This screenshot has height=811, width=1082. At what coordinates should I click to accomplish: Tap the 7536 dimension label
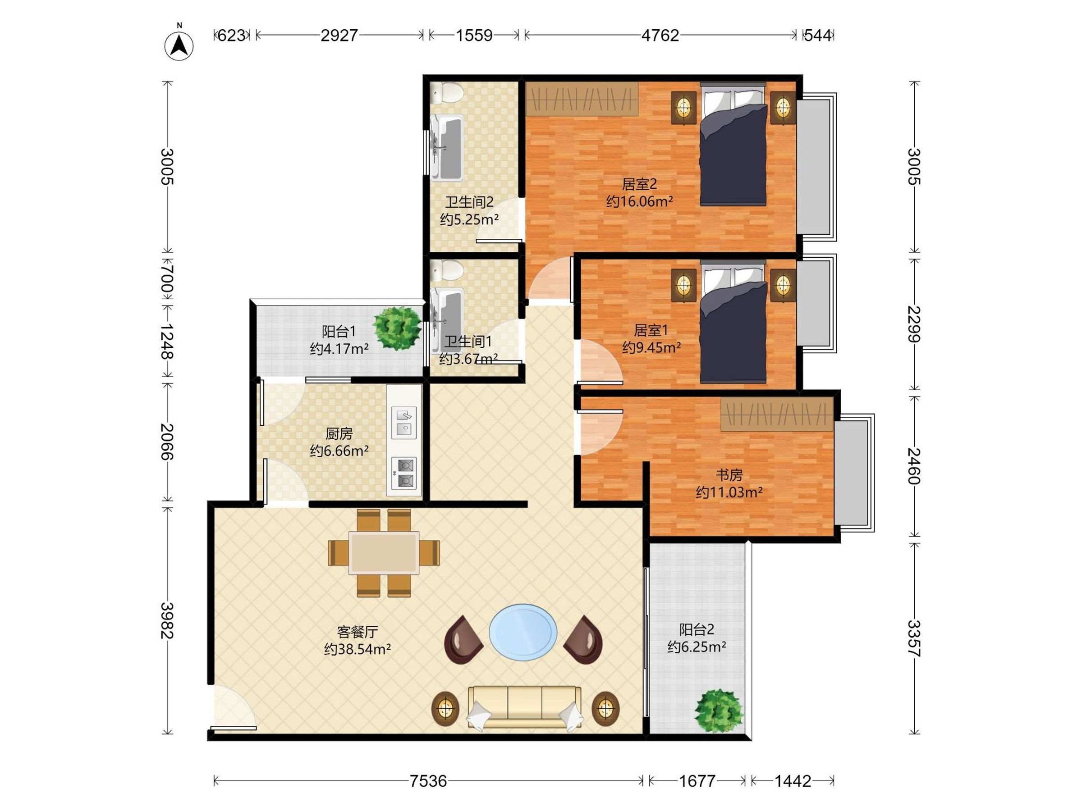[x=428, y=781]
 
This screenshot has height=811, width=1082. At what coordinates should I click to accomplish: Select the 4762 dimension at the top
[x=660, y=35]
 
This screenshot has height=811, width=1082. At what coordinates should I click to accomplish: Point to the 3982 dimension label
[x=167, y=620]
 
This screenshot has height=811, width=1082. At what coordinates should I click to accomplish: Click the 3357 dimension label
[x=914, y=638]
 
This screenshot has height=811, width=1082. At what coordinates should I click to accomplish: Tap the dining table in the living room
[x=384, y=552]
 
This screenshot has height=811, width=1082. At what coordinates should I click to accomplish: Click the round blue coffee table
[x=523, y=632]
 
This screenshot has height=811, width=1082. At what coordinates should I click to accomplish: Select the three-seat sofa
[x=525, y=707]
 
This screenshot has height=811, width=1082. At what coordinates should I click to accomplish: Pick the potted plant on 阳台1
[x=397, y=328]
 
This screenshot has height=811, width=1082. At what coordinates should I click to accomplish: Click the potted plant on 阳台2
[x=719, y=711]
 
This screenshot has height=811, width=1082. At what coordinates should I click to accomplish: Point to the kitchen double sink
[x=404, y=422]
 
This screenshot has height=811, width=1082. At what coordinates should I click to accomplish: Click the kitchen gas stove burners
[x=404, y=473]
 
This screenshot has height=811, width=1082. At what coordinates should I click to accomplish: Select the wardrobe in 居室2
[x=582, y=99]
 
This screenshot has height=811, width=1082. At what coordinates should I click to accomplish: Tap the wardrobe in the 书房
[x=777, y=414]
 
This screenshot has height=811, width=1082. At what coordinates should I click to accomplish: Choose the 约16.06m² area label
[x=639, y=201]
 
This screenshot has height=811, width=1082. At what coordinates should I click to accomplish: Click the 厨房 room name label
[x=339, y=433]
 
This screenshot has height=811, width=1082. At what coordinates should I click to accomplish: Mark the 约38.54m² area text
[x=357, y=649]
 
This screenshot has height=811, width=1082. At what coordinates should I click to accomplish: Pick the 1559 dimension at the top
[x=474, y=35]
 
